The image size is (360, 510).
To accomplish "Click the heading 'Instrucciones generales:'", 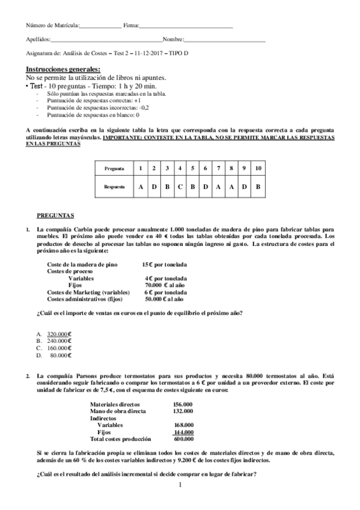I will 63,69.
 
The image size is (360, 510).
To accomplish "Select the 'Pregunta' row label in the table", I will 114,168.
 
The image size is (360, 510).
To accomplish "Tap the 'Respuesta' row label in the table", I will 114,187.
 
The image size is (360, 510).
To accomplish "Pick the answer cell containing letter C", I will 180,187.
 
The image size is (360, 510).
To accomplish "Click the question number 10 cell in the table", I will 257,168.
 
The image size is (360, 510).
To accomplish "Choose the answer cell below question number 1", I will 141,187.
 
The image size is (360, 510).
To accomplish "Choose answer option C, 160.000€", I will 59,348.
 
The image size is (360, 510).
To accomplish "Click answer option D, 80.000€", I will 60,355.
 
